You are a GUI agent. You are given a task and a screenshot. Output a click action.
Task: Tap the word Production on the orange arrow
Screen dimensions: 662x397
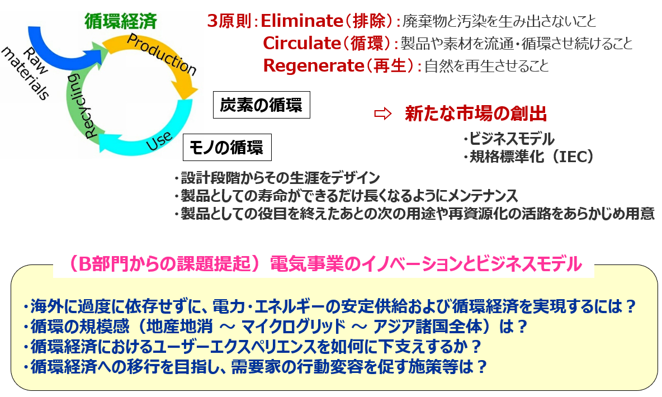[162, 54]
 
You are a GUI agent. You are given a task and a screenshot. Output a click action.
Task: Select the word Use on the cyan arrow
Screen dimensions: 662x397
[159, 140]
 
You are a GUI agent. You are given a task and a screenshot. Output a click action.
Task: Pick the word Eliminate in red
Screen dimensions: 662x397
[302, 21]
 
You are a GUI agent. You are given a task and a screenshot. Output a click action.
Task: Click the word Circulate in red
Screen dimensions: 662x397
[302, 43]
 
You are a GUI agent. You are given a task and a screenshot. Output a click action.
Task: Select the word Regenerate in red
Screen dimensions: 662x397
[313, 65]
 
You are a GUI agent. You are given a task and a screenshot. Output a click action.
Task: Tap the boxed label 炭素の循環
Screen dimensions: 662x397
[261, 105]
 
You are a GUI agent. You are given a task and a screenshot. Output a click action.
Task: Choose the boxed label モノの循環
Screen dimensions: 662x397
[227, 148]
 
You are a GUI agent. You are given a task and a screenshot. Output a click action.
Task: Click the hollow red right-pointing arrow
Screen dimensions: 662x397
[383, 114]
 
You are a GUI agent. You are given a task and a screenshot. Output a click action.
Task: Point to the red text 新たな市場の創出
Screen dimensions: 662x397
[476, 114]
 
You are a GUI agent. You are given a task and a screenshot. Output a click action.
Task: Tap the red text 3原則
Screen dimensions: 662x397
[230, 21]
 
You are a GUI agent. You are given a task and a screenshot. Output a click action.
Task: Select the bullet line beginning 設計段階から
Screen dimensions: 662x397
[277, 178]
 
